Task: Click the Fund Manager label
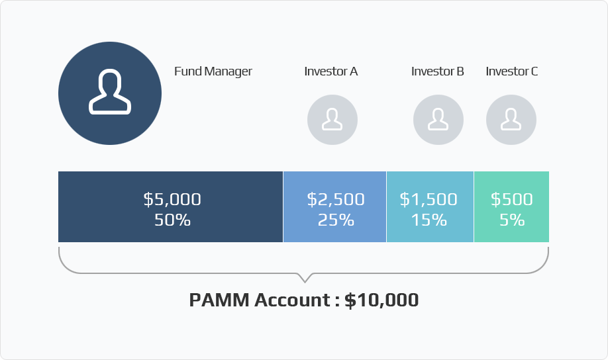point(213,71)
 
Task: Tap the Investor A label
point(330,71)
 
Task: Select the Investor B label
point(437,71)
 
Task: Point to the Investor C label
point(511,71)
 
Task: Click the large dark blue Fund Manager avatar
point(110,93)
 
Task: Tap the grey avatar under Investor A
point(332,120)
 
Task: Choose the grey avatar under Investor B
point(438,120)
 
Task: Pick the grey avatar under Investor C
point(511,120)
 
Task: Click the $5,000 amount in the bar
point(172,199)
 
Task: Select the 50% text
point(172,220)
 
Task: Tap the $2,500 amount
point(336,199)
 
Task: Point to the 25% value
point(336,220)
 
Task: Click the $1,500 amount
point(429,199)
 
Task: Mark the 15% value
point(429,220)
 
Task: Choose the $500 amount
point(512,199)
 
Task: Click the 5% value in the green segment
point(512,220)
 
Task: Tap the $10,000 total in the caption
point(381,300)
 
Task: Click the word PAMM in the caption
point(219,300)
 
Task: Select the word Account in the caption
point(292,300)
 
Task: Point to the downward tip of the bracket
point(305,282)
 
